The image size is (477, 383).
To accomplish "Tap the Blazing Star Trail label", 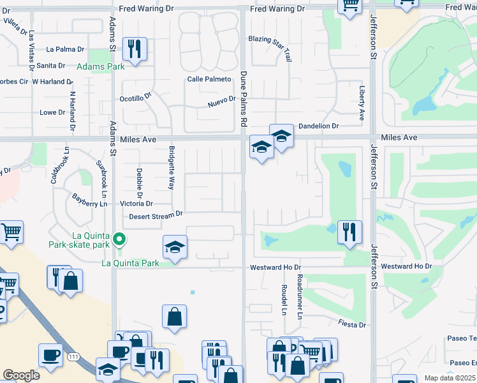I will coord(270,48).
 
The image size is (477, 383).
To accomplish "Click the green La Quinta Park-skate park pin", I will coord(119,240).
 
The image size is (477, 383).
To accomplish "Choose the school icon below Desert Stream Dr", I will coord(175,248).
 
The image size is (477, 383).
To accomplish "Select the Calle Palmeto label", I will coord(208,79).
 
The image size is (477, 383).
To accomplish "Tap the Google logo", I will coord(21,375).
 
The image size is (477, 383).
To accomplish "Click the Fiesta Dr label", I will coord(352,325).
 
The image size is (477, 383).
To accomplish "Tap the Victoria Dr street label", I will coord(136,204).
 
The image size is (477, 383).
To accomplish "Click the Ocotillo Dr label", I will coord(135,98).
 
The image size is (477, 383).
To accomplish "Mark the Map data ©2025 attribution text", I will coord(449,378).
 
